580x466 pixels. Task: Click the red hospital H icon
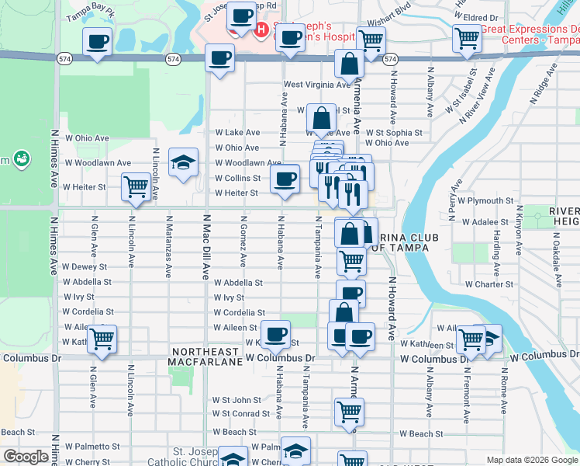point(262,30)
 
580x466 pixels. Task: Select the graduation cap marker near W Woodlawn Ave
point(183,162)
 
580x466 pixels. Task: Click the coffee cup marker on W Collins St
point(285,180)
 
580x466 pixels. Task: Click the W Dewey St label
point(85,266)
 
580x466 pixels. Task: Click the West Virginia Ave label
point(317,85)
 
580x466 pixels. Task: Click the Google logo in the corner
point(26,457)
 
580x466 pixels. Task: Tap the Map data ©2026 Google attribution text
point(532,460)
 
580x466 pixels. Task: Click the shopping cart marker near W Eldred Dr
point(468,37)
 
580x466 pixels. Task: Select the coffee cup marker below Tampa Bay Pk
point(98,42)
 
